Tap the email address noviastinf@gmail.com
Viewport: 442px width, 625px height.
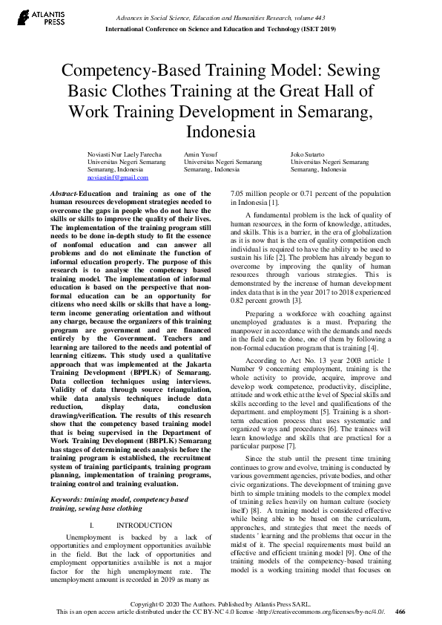pyautogui.click(x=118, y=178)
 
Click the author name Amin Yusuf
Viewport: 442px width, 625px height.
pyautogui.click(x=198, y=153)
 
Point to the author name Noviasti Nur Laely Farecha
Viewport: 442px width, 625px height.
pyautogui.click(x=125, y=153)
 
